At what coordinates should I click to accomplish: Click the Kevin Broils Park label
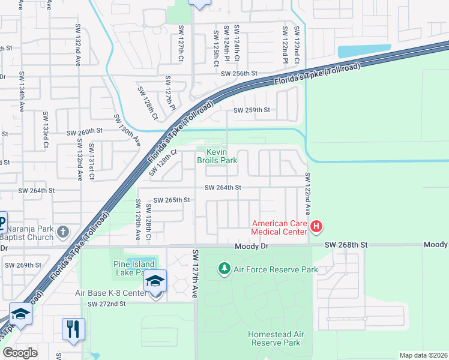[217, 156]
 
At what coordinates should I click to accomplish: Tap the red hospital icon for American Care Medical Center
[317, 227]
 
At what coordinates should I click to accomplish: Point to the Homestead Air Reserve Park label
[274, 338]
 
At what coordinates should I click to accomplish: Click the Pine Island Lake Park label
[134, 268]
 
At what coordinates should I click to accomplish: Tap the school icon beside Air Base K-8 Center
[155, 281]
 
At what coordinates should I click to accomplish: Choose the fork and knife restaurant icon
[73, 329]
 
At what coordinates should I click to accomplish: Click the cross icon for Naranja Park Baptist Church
[63, 232]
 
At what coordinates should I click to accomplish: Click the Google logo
[20, 353]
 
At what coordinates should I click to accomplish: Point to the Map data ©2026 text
[423, 355]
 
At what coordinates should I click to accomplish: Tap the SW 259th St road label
[252, 110]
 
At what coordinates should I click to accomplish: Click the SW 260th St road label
[85, 131]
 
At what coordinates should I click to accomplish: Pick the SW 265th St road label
[172, 200]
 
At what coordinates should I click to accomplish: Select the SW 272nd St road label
[106, 304]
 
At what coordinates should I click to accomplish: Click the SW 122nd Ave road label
[307, 194]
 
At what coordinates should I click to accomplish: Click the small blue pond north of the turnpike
[364, 52]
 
